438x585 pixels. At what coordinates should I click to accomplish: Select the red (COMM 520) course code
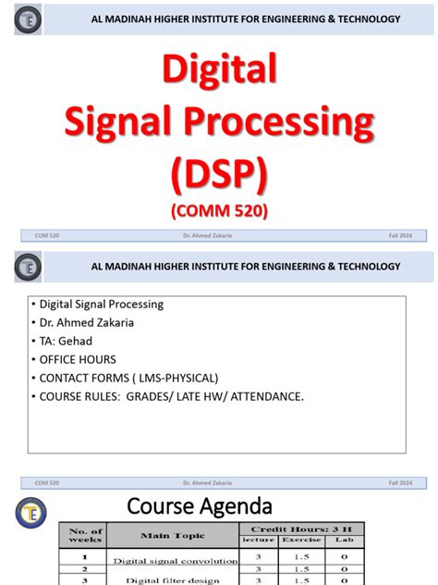click(219, 211)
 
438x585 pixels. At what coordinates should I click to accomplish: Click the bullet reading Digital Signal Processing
click(101, 304)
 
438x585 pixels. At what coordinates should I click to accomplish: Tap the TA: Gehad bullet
click(66, 341)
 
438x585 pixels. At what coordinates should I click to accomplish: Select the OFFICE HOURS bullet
click(75, 359)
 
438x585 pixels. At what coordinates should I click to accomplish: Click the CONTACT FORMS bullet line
click(128, 378)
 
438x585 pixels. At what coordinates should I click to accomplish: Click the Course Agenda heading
click(200, 506)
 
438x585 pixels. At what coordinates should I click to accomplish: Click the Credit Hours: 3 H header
click(302, 528)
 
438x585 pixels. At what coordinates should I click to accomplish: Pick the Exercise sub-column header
click(302, 539)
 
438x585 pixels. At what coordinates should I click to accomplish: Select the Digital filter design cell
click(174, 579)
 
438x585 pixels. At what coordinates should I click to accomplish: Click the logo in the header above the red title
click(29, 19)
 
